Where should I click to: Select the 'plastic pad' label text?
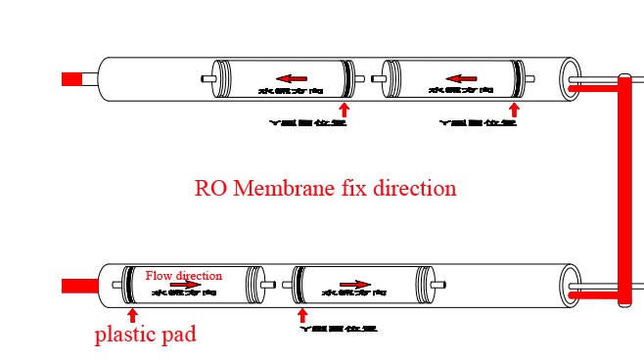(145, 335)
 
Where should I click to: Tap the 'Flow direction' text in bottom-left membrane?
(183, 276)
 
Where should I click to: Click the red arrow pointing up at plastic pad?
(132, 316)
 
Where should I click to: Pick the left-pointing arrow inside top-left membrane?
(291, 78)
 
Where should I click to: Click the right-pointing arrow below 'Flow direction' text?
(186, 286)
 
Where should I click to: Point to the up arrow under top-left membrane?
(344, 109)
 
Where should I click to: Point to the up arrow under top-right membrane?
(513, 109)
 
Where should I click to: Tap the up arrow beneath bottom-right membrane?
(301, 315)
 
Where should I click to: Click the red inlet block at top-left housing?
(70, 79)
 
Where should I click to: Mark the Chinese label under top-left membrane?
(307, 124)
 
